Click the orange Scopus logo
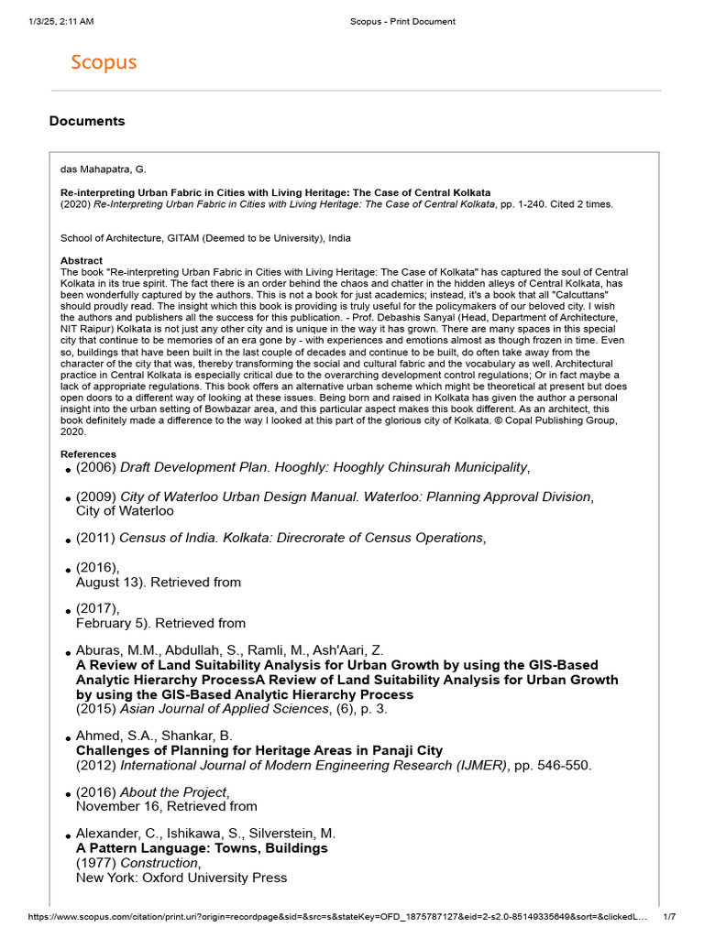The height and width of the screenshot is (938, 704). pos(104,62)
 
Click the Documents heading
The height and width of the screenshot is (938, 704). pos(87,121)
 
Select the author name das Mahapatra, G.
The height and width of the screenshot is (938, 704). pos(103,169)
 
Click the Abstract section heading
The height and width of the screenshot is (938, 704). pos(82,261)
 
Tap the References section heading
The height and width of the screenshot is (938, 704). pos(88,454)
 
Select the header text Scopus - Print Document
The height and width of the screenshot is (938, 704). pos(402,21)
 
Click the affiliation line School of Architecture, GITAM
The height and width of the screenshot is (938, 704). pos(205,238)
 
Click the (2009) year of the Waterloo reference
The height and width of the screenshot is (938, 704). pos(96,496)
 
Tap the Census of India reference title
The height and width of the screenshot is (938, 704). pos(301,538)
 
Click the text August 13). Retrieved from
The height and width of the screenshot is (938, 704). pos(159,582)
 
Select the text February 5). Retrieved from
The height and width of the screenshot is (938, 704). pos(160,623)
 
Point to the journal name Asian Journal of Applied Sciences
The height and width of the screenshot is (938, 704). pos(225,709)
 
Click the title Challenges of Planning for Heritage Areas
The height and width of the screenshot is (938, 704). pos(258,750)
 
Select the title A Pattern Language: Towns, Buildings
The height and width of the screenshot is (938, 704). pos(202,848)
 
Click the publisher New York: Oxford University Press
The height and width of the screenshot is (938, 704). pos(181,878)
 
